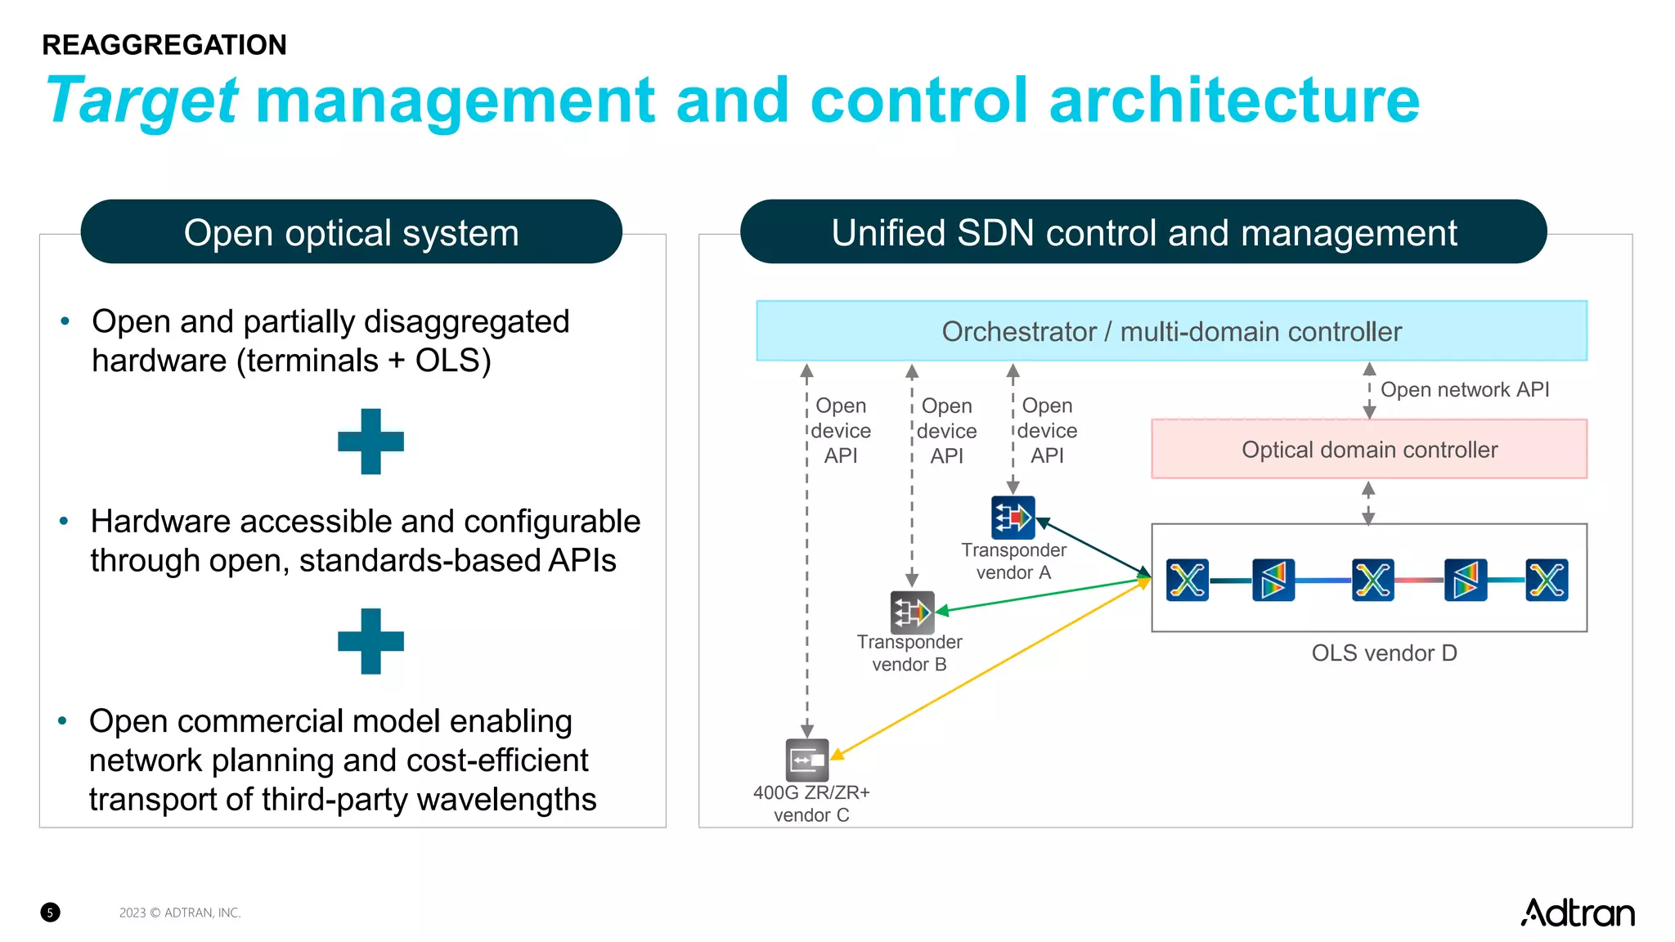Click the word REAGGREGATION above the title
(164, 45)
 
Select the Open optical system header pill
(351, 232)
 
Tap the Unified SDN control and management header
(1143, 232)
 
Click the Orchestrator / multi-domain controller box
(1170, 331)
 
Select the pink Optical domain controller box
(1368, 449)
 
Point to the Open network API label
(1464, 389)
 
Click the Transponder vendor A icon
(1013, 518)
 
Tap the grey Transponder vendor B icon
(912, 612)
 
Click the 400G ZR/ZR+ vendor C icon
(806, 760)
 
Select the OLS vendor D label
(1384, 653)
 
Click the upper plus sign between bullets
(370, 442)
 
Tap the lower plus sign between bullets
(370, 641)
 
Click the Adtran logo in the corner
(1577, 913)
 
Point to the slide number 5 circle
(50, 913)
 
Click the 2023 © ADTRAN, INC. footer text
(180, 913)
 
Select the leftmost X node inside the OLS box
(1187, 580)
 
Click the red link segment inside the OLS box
(1419, 580)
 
